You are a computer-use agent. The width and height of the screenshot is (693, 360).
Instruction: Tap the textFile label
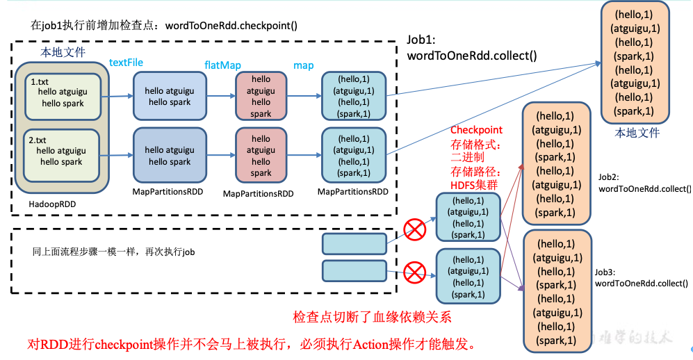pos(126,63)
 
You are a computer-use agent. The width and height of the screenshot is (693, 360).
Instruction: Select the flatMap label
pos(222,65)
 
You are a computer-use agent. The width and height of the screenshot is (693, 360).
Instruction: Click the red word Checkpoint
pos(476,130)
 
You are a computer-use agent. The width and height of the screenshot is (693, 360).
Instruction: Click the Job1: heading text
pos(421,41)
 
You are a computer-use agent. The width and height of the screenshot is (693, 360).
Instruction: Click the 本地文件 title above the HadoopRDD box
pos(63,51)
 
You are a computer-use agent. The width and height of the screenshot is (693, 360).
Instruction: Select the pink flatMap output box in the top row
pos(261,97)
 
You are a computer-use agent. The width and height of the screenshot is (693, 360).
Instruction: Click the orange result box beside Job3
pos(555,291)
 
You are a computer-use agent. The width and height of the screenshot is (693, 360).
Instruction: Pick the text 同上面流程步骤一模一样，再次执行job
pos(113,252)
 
